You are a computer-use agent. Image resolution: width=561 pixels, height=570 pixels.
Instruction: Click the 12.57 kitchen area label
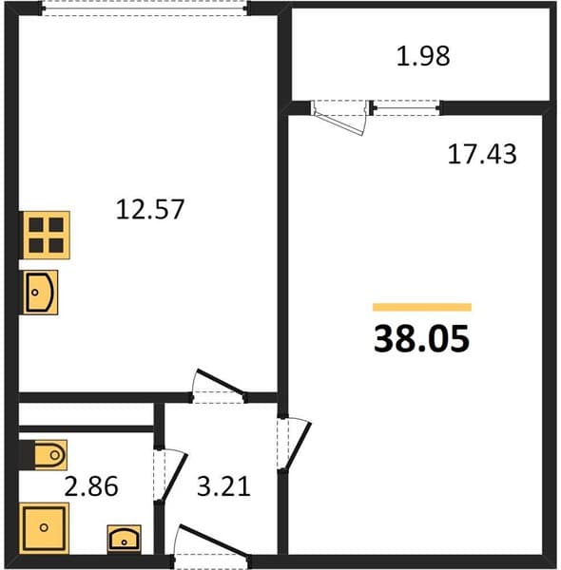150,209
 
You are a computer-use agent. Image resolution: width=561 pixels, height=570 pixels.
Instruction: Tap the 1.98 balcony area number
423,56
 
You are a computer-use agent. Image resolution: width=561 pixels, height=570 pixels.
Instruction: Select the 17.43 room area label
482,154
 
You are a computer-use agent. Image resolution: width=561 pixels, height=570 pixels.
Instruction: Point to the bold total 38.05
421,339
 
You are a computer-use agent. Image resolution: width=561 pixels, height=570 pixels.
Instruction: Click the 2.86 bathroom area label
91,486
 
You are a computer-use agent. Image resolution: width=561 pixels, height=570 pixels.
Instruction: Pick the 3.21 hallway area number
223,486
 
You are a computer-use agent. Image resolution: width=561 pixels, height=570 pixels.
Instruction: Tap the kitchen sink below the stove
40,293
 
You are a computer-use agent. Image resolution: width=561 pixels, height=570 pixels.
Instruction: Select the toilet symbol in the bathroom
50,455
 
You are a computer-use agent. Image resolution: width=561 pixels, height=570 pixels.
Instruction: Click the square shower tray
44,528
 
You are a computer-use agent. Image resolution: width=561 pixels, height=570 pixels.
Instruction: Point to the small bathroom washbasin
124,540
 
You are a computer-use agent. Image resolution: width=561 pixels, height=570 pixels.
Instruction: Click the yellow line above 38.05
422,307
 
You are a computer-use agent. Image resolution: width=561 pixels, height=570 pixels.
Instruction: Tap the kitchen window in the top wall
145,8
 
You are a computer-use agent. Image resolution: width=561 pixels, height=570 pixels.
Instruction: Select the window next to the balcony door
406,107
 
